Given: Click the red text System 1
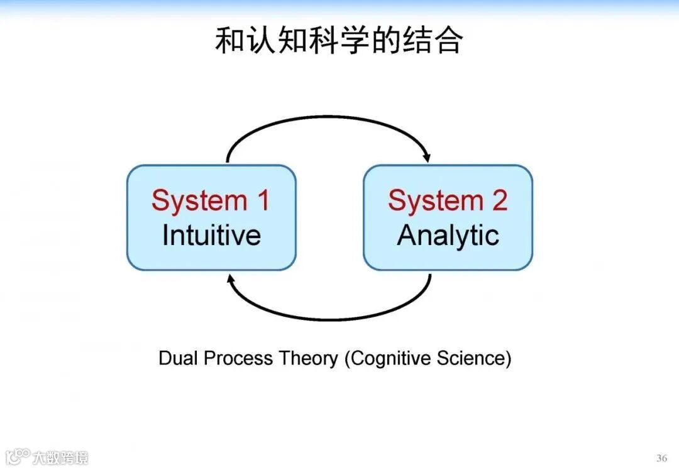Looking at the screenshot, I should [x=211, y=200].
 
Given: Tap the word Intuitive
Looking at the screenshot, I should [x=211, y=235].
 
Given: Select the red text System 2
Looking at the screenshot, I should [x=448, y=200].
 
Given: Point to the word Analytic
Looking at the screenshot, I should [x=448, y=235].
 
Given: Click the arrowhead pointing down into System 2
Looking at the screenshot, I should [x=427, y=156].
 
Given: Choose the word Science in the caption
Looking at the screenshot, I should [x=473, y=358].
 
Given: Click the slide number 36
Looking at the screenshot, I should [x=661, y=457].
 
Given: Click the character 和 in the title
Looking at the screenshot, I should [x=229, y=40].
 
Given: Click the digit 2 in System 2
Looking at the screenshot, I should [x=499, y=200].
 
